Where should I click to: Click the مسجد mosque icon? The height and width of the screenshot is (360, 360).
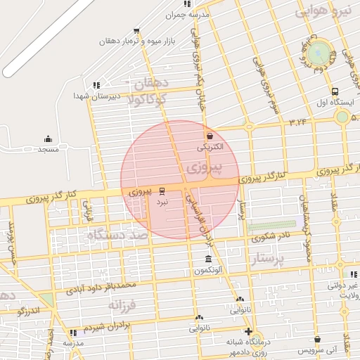48,139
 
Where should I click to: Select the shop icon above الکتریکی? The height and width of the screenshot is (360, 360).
209,136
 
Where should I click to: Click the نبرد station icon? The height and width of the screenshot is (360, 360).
162,191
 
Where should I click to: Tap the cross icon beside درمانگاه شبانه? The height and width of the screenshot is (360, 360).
247,331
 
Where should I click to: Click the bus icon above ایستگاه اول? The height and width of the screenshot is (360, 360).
335,91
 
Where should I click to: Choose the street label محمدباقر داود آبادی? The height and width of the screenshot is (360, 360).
98,287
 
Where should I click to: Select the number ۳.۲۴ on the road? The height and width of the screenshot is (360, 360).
297,122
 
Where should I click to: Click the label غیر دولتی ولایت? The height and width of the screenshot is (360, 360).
345,290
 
